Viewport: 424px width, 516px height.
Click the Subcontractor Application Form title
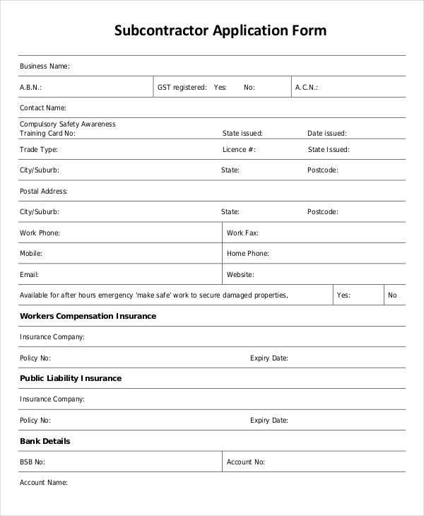click(220, 30)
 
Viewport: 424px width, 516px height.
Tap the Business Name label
click(45, 66)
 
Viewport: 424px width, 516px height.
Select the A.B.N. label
click(30, 88)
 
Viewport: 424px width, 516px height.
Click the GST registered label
click(182, 88)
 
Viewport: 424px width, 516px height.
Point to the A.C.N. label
click(307, 88)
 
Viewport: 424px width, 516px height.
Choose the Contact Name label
click(43, 108)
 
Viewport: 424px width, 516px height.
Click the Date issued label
click(326, 133)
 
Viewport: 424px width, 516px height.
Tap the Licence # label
click(239, 150)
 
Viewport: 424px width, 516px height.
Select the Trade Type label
click(39, 150)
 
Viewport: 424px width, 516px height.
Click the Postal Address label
click(44, 191)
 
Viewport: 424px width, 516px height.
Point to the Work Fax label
click(242, 233)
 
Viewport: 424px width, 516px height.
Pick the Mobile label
click(31, 253)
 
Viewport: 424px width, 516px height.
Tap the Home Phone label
click(247, 253)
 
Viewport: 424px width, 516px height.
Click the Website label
click(240, 274)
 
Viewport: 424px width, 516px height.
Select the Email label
click(29, 274)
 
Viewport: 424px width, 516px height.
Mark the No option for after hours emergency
click(392, 295)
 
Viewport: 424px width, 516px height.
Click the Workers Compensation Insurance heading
click(88, 316)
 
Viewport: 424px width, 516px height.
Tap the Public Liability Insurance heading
click(71, 378)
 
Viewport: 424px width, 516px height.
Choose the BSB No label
click(33, 462)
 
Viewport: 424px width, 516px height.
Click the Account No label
click(246, 462)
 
